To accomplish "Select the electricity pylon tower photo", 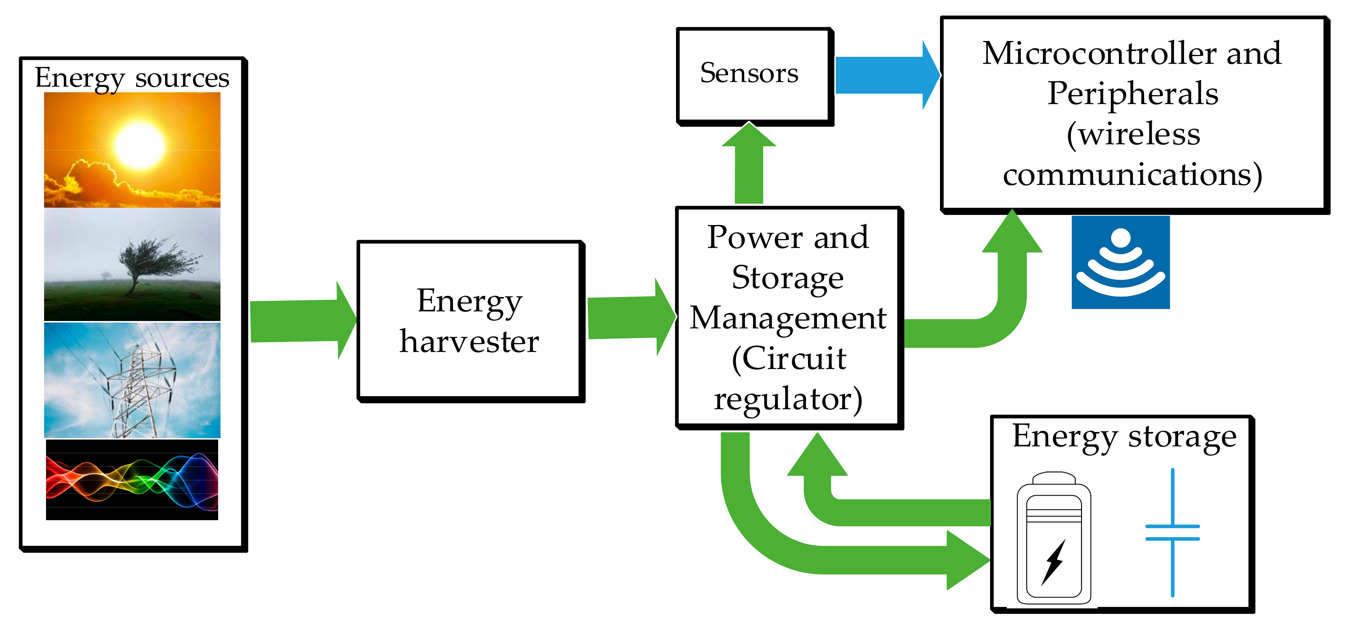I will (132, 380).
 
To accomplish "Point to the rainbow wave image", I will (132, 480).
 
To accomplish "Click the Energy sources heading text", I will (132, 79).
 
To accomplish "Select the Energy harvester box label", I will (470, 321).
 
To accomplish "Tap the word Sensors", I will (749, 73).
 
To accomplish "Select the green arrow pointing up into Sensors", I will (749, 165).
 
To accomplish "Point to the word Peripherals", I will (1133, 94).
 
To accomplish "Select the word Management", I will (788, 318).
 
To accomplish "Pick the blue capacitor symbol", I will (1172, 532).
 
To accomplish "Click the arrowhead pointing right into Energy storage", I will (967, 560).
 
